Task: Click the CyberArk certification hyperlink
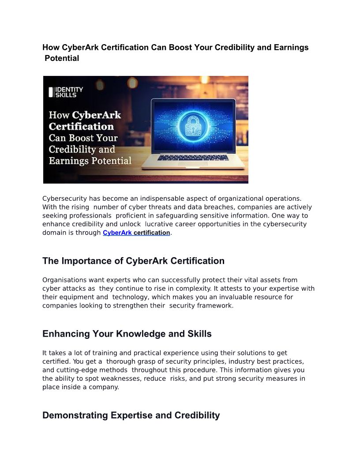[x=136, y=233]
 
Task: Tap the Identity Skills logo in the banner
[x=66, y=92]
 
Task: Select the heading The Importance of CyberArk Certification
[x=133, y=261]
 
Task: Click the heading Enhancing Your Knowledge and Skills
[x=127, y=334]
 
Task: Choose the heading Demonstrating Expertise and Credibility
[x=131, y=415]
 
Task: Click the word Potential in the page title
[x=62, y=58]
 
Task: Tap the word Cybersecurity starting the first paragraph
[x=64, y=199]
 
